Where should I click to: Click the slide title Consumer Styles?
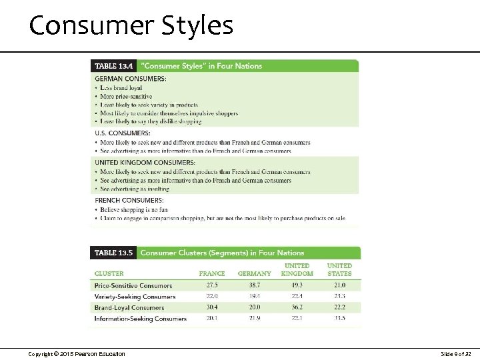(131, 25)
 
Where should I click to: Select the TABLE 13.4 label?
(114, 66)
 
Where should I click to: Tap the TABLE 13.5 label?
(114, 253)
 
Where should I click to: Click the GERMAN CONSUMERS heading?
(131, 79)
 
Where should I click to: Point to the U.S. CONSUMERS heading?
(123, 133)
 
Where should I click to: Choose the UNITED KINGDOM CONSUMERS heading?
(145, 163)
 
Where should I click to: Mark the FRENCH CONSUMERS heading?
(129, 200)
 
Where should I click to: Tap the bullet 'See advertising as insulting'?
(134, 189)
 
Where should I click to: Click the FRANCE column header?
(212, 273)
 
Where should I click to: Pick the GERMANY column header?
(255, 273)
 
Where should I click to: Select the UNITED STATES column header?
(339, 269)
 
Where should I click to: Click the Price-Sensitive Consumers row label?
(133, 286)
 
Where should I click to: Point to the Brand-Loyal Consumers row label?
(129, 308)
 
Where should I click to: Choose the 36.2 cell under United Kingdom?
(297, 307)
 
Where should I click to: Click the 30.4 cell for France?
(213, 307)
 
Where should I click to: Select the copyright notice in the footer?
(77, 353)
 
